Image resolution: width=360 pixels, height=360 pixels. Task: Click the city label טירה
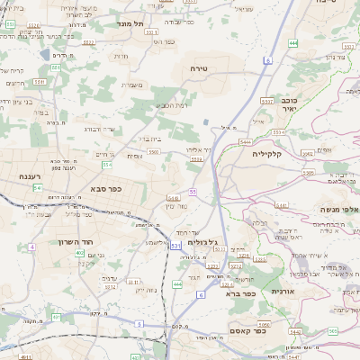pos(200,68)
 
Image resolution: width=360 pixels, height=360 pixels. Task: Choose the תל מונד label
pos(130,23)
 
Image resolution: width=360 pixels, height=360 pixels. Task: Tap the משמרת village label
pos(132,85)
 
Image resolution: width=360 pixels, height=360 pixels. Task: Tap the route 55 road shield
pos(193,192)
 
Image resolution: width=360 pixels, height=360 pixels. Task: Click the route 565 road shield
pos(331,331)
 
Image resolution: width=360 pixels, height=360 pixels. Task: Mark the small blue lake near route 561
pos(44,68)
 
